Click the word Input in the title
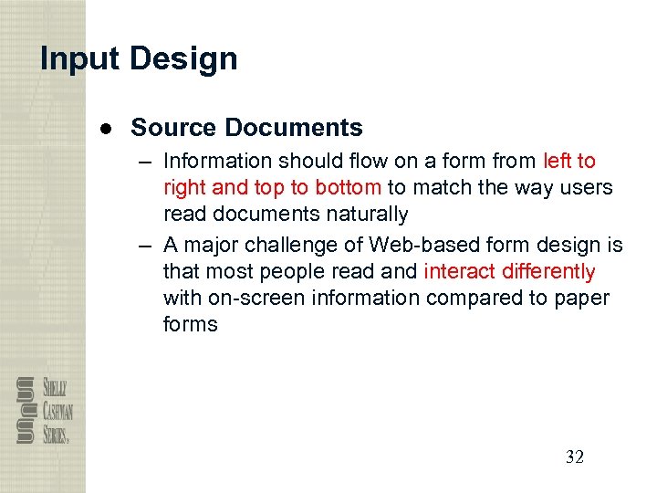coord(80,59)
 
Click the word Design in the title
coord(183,59)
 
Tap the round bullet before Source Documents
coord(106,129)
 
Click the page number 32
coord(575,457)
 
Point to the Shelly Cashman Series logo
coord(43,410)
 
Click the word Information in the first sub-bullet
coord(217,162)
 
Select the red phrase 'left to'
coord(569,162)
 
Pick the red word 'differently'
coord(549,271)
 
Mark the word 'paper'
coord(581,299)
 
